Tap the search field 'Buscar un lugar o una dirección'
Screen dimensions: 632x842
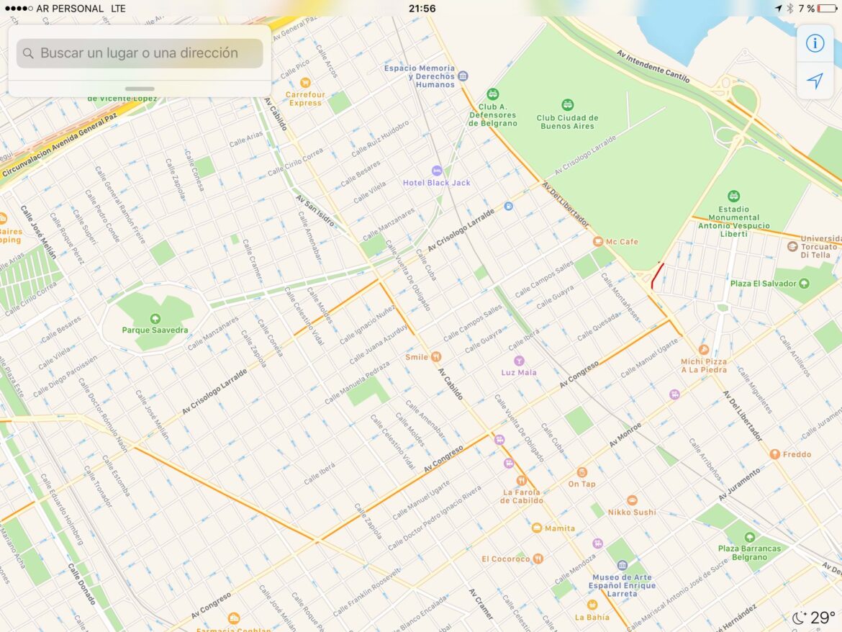pyautogui.click(x=139, y=53)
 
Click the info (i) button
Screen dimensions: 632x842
pyautogui.click(x=815, y=43)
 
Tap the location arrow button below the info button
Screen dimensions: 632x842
pyautogui.click(x=815, y=81)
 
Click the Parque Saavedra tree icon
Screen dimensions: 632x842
pyautogui.click(x=154, y=319)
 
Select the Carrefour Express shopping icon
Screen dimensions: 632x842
pyautogui.click(x=305, y=83)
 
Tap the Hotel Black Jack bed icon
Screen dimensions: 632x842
pyautogui.click(x=436, y=171)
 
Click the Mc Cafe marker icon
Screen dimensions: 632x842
pyautogui.click(x=597, y=242)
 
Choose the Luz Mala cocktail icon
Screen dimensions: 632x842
pyautogui.click(x=518, y=361)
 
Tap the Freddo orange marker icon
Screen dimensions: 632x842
pyautogui.click(x=774, y=454)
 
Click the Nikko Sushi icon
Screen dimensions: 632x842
pyautogui.click(x=632, y=500)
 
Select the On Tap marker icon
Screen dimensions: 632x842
pyautogui.click(x=581, y=472)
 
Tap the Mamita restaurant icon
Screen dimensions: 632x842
pyautogui.click(x=536, y=528)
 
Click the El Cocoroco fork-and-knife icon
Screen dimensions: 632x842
pyautogui.click(x=538, y=559)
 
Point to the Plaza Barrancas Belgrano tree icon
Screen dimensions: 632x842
pyautogui.click(x=749, y=537)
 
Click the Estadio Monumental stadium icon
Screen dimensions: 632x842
pyautogui.click(x=733, y=196)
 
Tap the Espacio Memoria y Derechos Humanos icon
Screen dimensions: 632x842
pyautogui.click(x=463, y=76)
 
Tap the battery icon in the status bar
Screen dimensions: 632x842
pyautogui.click(x=827, y=9)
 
